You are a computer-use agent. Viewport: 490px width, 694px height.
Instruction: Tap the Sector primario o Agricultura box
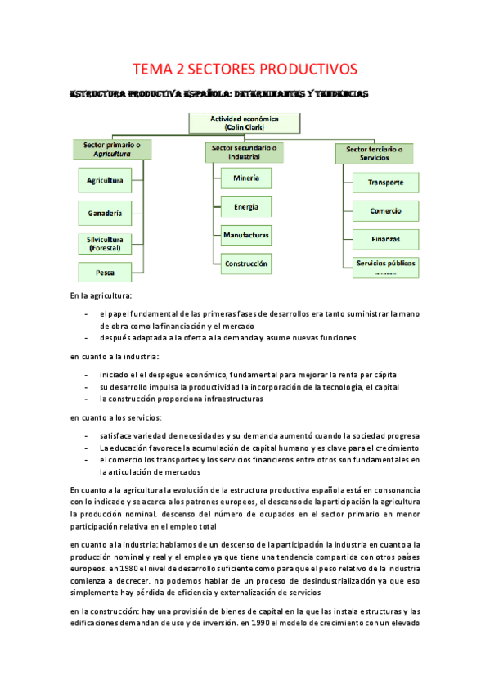coord(112,149)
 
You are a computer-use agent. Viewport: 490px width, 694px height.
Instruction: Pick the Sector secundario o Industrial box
coord(244,152)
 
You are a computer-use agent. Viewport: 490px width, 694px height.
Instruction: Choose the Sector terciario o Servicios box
coord(374,153)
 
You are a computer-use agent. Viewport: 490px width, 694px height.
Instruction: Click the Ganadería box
coord(106,214)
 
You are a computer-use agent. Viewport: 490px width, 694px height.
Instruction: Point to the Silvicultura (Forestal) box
coord(106,243)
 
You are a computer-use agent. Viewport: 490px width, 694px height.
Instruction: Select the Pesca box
coord(106,272)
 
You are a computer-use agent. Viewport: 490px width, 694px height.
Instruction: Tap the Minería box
coord(246,178)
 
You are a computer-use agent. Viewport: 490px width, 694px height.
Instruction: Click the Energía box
coord(246,206)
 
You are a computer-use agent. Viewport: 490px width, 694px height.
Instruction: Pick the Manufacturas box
coord(246,235)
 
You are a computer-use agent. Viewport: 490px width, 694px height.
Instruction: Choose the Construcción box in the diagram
coord(246,264)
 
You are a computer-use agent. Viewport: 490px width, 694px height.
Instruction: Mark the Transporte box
coord(385,182)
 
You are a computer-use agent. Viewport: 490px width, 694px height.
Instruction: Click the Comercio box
coord(385,210)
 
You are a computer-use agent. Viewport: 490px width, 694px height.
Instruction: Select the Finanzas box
coord(385,239)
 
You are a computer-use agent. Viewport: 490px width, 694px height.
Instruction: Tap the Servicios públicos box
coord(385,264)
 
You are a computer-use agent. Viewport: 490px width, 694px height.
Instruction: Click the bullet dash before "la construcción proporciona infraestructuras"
coord(87,399)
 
